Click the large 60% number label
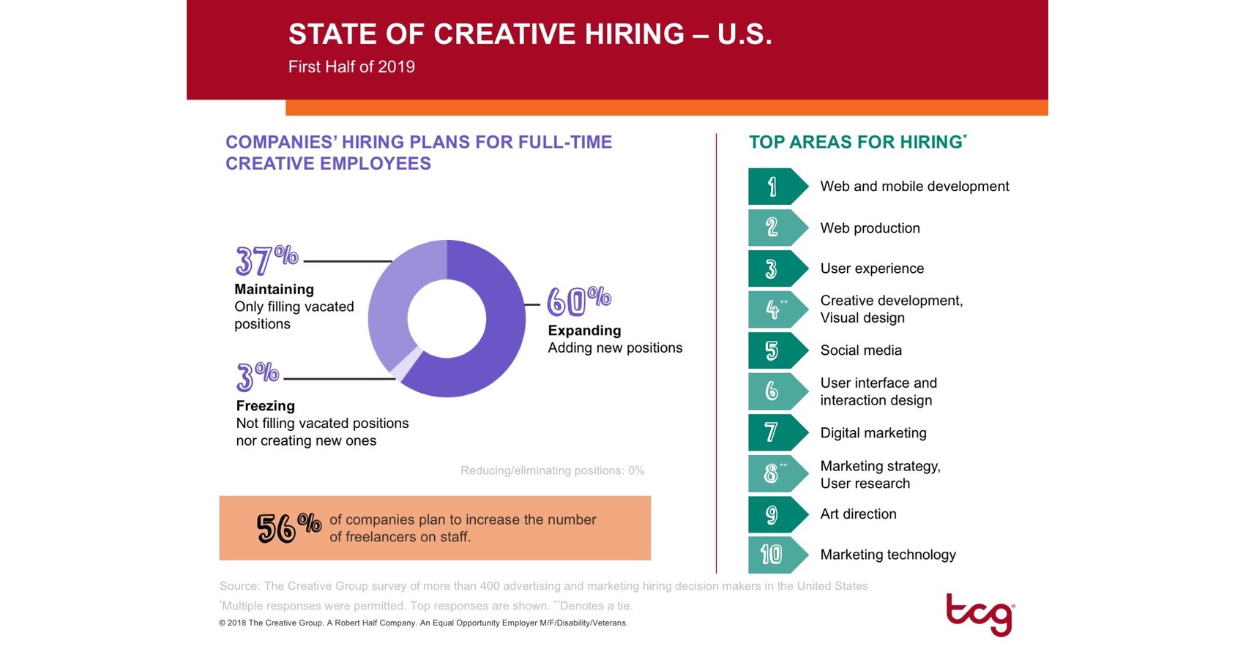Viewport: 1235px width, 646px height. point(578,301)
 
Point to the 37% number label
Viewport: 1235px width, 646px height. point(266,260)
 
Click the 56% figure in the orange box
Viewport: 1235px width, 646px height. point(288,527)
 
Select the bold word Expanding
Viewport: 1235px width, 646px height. point(584,331)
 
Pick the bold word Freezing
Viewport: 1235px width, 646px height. point(265,406)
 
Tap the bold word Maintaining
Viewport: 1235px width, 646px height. point(274,290)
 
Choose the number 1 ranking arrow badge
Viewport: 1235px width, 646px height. point(776,187)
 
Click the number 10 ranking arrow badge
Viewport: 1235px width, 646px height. point(776,555)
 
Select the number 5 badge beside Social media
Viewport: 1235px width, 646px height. point(776,350)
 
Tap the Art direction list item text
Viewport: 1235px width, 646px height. point(858,514)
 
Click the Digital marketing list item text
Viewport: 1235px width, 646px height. point(873,433)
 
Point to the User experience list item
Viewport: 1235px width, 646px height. point(872,268)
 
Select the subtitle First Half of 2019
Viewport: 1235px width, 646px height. point(351,67)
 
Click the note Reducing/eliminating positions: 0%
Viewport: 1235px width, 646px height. point(552,470)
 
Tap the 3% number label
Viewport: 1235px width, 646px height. point(257,376)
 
